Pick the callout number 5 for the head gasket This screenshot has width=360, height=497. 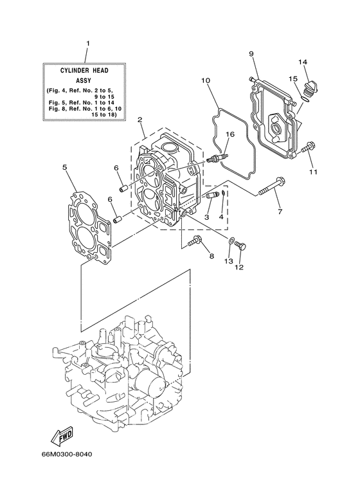(x=65, y=168)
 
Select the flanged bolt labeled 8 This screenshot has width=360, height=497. (x=197, y=242)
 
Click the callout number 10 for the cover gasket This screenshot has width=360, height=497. (x=205, y=81)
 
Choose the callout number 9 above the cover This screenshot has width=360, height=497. (x=251, y=53)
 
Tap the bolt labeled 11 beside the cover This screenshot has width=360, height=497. (x=308, y=147)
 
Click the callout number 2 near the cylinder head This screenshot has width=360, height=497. (x=139, y=120)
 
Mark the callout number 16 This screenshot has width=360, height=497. (x=230, y=134)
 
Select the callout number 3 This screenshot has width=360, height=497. (x=206, y=218)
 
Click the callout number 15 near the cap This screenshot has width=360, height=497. (x=292, y=78)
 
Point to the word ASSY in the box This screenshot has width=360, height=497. (x=88, y=82)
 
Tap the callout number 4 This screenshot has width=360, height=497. (x=221, y=217)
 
